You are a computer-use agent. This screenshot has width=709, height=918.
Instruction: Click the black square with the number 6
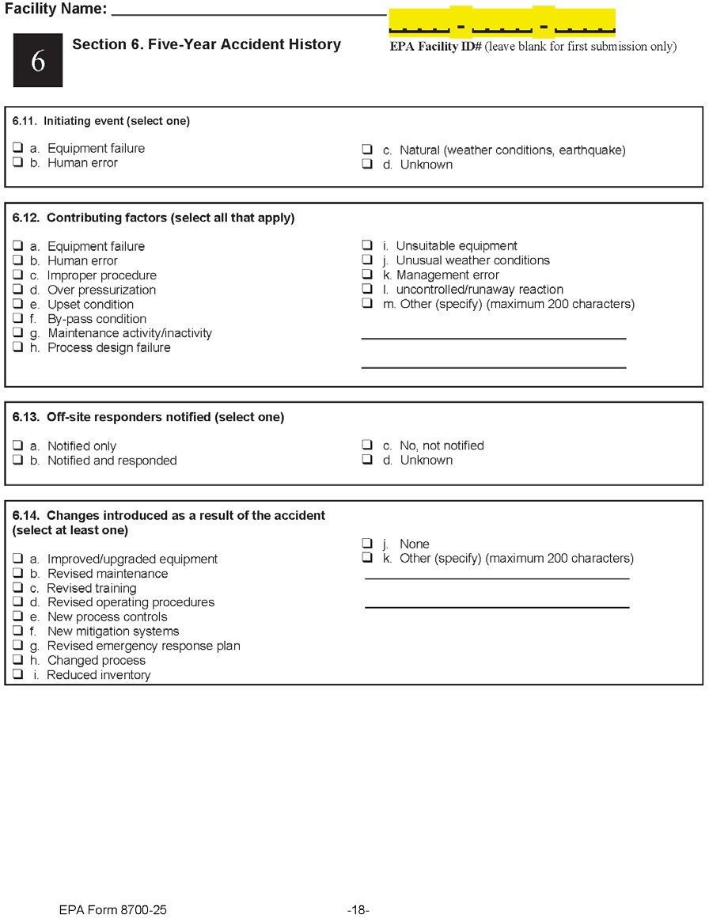37,61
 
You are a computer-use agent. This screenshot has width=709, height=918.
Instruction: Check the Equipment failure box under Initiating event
17,148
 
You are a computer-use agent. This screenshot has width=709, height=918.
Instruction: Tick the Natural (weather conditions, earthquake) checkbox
367,150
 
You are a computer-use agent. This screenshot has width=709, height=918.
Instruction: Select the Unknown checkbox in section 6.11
367,165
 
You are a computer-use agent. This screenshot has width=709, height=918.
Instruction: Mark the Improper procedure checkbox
17,275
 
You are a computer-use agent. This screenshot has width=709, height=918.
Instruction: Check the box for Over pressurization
17,290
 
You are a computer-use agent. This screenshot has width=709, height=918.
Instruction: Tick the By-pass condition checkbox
17,319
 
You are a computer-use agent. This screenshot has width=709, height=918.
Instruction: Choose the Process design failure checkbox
17,347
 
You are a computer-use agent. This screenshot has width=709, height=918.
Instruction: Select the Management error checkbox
367,275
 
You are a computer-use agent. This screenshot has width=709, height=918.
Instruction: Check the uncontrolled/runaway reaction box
367,289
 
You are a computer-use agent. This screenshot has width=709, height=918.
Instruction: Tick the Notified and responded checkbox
17,461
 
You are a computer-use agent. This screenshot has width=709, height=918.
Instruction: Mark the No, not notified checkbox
367,446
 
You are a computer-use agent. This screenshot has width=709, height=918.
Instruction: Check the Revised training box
17,588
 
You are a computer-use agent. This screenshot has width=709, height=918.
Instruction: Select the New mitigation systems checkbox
17,632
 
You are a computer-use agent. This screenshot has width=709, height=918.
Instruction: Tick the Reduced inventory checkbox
17,675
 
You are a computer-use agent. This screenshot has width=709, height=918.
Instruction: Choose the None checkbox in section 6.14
367,544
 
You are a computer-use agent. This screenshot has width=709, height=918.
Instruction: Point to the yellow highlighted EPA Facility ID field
502,22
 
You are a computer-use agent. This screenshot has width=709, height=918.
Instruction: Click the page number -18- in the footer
358,910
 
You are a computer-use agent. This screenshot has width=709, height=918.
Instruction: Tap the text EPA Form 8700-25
112,910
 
